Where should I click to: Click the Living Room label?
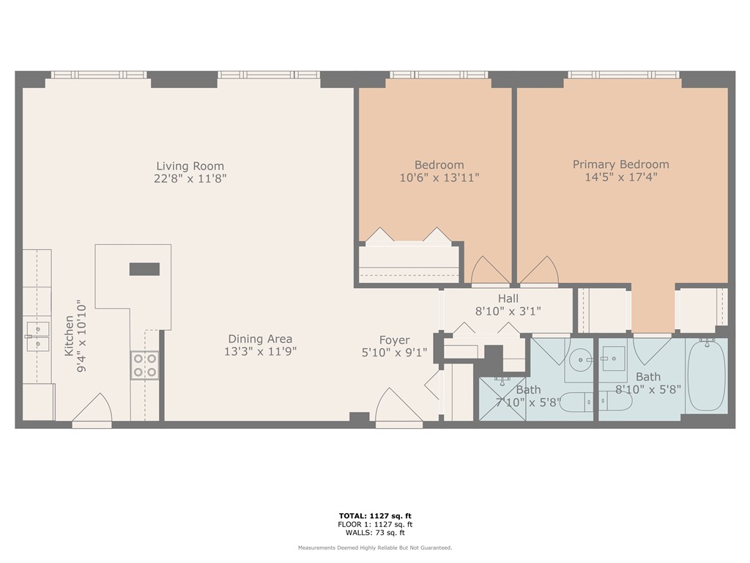tap(190, 166)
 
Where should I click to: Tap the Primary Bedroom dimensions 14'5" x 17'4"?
tap(620, 177)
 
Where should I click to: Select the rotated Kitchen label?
tap(70, 336)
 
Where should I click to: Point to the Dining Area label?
tap(259, 339)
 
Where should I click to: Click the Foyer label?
tap(394, 340)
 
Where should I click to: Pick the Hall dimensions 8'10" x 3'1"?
tap(508, 311)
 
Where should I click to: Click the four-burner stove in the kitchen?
tap(144, 365)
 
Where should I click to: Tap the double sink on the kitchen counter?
tap(37, 336)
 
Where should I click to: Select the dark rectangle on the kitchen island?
tap(144, 269)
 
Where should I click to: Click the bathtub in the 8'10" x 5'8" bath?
tap(705, 375)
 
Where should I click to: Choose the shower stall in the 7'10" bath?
tap(502, 398)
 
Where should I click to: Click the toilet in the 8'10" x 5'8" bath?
tap(615, 402)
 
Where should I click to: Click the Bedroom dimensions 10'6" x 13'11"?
tap(439, 177)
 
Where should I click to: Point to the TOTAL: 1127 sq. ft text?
tap(374, 515)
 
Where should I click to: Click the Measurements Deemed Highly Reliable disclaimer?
tap(374, 548)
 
